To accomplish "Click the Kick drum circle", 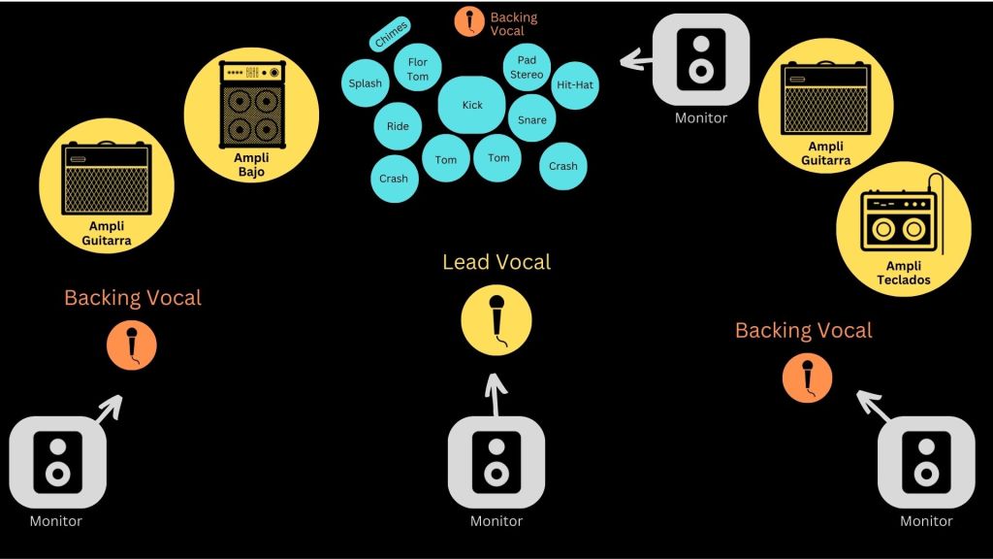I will coord(472,105).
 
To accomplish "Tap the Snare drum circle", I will coord(531,119).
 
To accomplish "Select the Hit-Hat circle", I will coord(574,84).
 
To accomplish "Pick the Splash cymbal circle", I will coord(366,83).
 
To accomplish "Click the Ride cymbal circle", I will coord(398,126).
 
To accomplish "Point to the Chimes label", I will coord(391,34).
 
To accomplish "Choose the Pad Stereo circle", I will coord(527,66).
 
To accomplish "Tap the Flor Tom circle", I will coord(417,69).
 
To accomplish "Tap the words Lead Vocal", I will coord(496,261).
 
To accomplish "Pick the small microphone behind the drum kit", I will coord(471,20).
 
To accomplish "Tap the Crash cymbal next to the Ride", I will coord(394,179).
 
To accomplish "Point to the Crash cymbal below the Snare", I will coord(562,166).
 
